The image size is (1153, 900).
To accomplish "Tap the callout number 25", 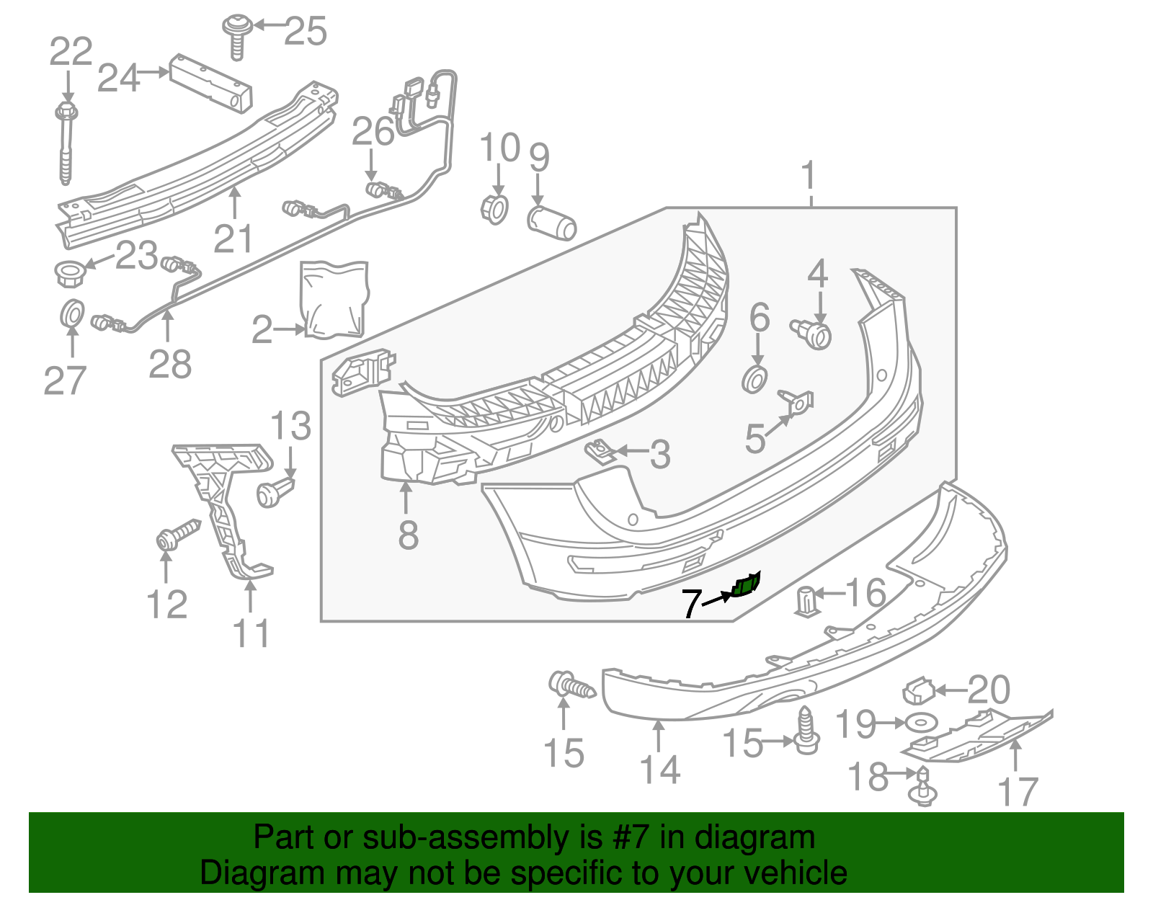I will [306, 31].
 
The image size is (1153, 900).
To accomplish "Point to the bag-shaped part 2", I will [334, 299].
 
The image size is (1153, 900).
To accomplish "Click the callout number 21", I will [233, 239].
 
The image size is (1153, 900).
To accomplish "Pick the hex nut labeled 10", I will [494, 208].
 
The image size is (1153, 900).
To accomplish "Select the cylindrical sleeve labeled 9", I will [552, 223].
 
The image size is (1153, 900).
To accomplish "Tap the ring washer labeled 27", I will [71, 313].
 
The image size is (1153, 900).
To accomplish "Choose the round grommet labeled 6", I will [754, 378].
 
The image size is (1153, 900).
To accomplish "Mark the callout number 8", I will [408, 535].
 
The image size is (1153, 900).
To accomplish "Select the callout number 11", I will [251, 633].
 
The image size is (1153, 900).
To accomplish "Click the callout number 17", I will [1018, 791].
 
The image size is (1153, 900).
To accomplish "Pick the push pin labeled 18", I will [923, 788].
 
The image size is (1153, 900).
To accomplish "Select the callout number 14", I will [660, 770].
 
